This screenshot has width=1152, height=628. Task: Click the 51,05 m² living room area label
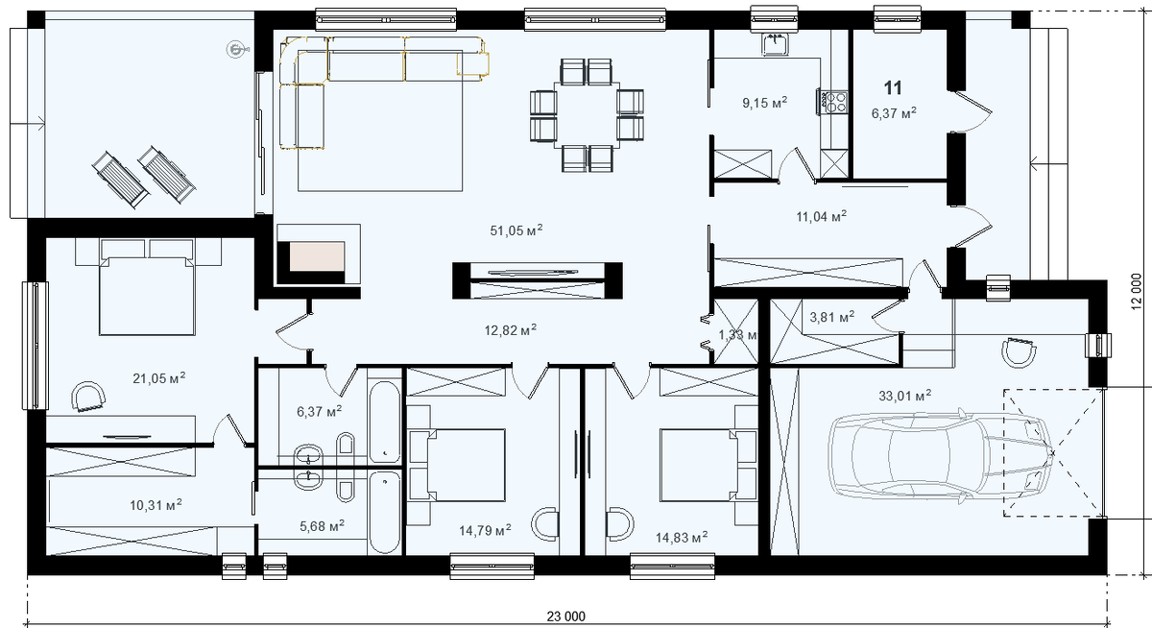click(516, 230)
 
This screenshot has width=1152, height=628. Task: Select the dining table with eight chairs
click(587, 115)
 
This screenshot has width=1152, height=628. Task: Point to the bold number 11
click(893, 88)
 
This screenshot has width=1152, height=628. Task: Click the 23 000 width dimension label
click(565, 616)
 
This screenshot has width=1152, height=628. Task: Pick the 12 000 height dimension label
click(1137, 291)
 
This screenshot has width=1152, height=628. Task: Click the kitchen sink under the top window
click(774, 44)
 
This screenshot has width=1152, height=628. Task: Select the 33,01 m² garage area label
click(905, 396)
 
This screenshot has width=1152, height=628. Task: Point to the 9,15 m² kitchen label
click(765, 103)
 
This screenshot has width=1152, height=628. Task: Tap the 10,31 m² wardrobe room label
click(156, 505)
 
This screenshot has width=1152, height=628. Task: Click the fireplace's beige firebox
click(317, 256)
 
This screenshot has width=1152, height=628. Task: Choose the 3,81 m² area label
click(832, 317)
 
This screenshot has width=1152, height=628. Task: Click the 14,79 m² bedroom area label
click(485, 530)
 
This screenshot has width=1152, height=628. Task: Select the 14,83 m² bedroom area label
click(682, 538)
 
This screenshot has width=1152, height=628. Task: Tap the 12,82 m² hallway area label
click(510, 329)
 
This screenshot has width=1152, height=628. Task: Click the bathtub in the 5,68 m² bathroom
click(384, 512)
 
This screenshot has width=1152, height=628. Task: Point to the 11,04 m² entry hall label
click(822, 216)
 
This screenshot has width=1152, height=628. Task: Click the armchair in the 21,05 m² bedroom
click(88, 397)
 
